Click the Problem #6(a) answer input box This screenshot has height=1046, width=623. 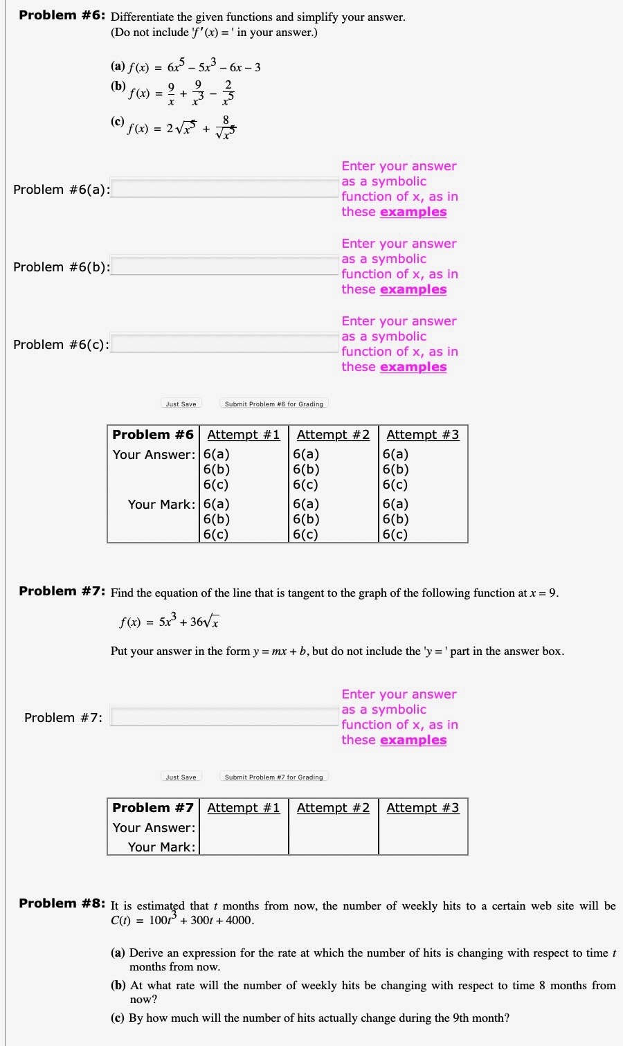coord(224,189)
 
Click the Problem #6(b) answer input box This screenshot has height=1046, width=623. coord(224,267)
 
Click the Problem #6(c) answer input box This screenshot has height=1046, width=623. coord(224,344)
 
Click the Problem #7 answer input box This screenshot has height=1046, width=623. coord(224,717)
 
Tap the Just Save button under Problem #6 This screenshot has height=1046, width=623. coord(181,404)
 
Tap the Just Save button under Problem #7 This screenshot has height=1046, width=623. coord(181,777)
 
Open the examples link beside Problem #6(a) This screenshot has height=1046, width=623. coord(413,212)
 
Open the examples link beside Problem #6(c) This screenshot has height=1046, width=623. coord(413,367)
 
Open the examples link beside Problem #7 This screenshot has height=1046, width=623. coord(413,740)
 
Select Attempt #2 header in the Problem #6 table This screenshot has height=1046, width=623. coord(333,435)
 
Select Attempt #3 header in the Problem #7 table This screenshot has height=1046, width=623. coord(422,808)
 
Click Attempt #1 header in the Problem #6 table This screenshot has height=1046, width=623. coord(244,435)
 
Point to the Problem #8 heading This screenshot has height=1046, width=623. coord(62,903)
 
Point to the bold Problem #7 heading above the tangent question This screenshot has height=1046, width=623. coord(62,591)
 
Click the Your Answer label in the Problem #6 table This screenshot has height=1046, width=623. coord(154,455)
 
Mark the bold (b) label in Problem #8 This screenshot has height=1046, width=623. coord(118,986)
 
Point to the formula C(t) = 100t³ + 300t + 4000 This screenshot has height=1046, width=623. coord(182,920)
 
